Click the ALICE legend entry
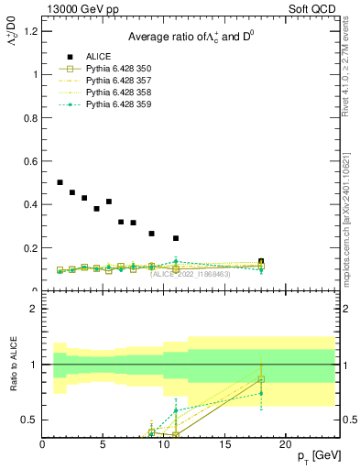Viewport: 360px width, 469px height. [96, 57]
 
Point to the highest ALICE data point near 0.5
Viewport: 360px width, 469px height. [60, 182]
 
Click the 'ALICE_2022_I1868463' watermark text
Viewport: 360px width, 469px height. [191, 274]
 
